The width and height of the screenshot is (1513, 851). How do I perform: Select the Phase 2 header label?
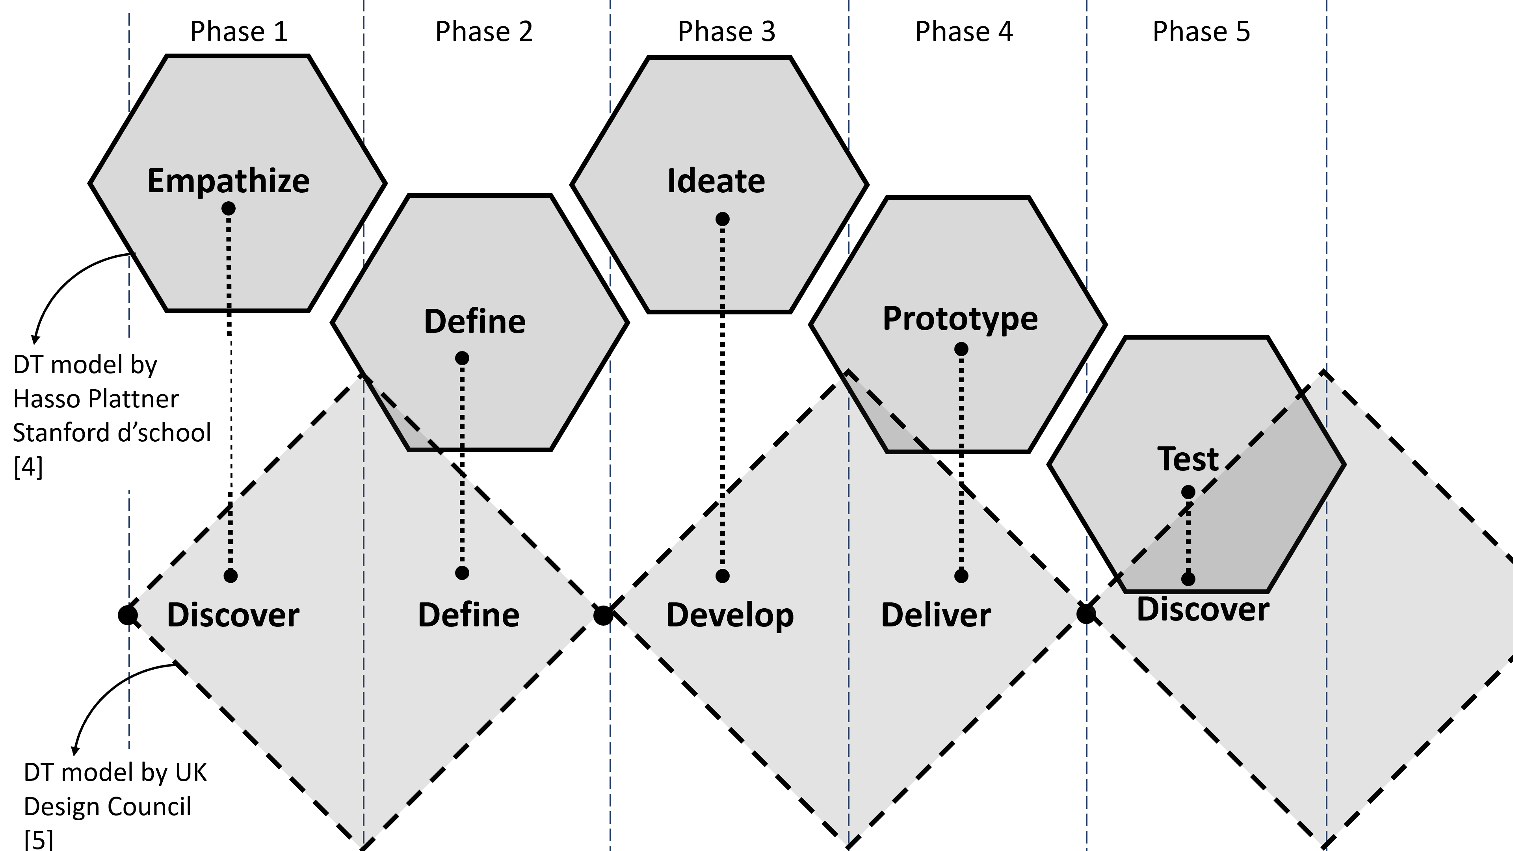[484, 32]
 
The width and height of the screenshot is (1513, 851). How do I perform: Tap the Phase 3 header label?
[727, 32]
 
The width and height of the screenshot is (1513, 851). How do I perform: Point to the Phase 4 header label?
[964, 32]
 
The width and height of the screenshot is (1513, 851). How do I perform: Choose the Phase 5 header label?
[1201, 32]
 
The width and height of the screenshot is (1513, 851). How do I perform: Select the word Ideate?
[716, 181]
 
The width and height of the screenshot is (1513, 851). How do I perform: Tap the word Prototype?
[960, 319]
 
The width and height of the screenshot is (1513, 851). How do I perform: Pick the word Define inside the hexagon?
[474, 322]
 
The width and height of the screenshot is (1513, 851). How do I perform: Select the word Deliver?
[936, 615]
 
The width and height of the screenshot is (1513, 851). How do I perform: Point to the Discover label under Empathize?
[233, 615]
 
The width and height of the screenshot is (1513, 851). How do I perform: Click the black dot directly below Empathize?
[229, 208]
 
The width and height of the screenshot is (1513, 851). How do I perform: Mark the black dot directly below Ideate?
[723, 219]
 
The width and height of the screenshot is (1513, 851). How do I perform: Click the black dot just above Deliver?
[961, 576]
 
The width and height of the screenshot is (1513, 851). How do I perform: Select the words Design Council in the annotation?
[108, 806]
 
